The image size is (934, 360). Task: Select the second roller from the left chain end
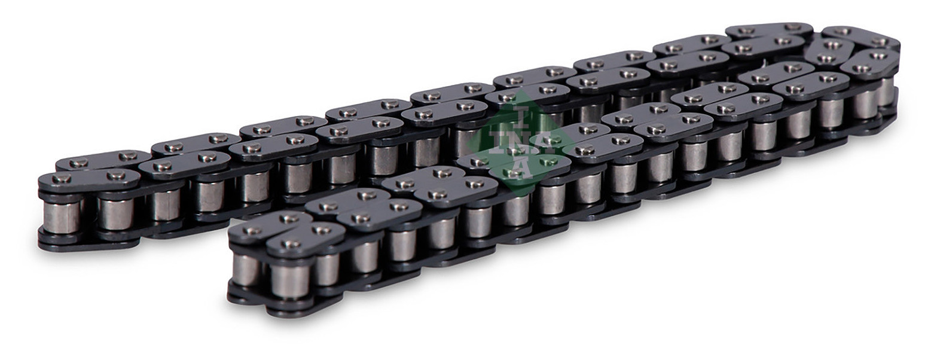click(117, 213)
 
